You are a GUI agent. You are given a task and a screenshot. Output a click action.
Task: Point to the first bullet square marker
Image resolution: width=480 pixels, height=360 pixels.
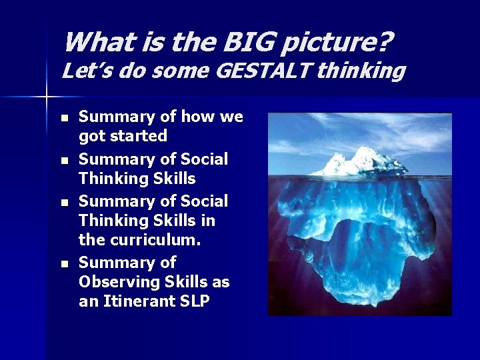pyautogui.click(x=64, y=118)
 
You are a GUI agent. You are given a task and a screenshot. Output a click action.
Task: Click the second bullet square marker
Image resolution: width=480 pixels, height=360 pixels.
pyautogui.click(x=64, y=160)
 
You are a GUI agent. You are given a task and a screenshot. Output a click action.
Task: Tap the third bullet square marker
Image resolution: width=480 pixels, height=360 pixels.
pyautogui.click(x=64, y=202)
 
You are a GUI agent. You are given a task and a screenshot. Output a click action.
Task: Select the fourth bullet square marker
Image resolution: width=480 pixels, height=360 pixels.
pyautogui.click(x=64, y=264)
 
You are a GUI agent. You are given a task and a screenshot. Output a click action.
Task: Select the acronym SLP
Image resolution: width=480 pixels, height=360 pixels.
pyautogui.click(x=194, y=301)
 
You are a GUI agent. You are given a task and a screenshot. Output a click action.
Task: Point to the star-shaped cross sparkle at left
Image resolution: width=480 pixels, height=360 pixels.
pyautogui.click(x=46, y=97)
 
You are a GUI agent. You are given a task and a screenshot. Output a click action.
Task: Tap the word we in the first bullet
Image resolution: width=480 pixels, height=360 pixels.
pyautogui.click(x=231, y=117)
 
